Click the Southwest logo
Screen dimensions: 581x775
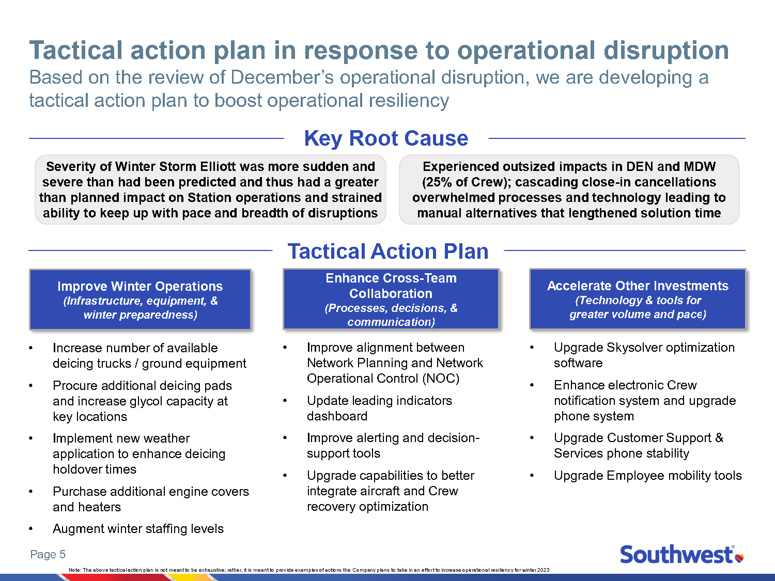(681, 555)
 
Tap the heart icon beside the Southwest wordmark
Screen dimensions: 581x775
(739, 557)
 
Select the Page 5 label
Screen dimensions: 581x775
(48, 555)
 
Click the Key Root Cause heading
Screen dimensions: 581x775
(386, 138)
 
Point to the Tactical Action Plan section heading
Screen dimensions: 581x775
(388, 252)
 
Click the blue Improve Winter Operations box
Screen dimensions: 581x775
(140, 300)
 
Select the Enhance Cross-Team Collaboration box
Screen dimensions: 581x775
(391, 300)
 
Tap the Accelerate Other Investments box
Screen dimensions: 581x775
(638, 300)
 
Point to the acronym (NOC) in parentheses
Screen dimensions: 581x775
(440, 379)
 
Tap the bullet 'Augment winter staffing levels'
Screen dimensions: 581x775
(138, 529)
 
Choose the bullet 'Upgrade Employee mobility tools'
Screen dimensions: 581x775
(647, 476)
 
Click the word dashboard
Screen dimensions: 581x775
(337, 416)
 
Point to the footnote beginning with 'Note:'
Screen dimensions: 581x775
(310, 570)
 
